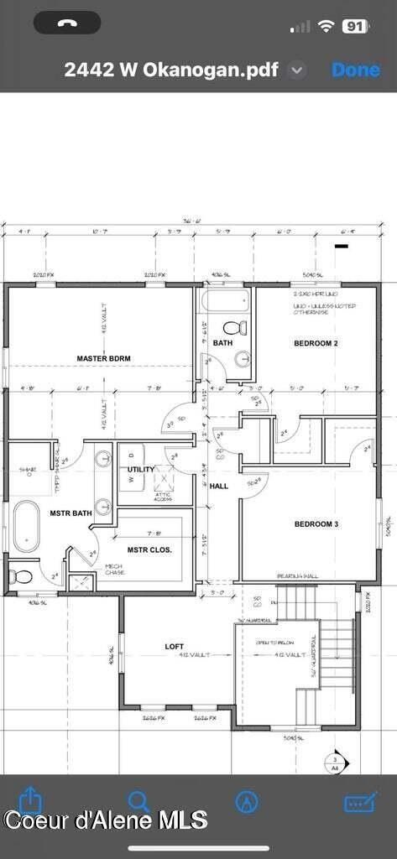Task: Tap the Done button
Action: coord(356,70)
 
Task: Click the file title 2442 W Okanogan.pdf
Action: coord(171,70)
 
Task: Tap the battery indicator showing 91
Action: coord(355,26)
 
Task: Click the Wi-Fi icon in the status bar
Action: coord(326,26)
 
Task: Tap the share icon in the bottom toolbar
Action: coord(30,799)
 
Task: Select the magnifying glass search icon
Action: coord(138,801)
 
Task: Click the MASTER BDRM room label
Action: coord(103,358)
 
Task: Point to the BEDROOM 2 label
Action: coord(316,343)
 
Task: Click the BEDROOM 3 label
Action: coord(316,524)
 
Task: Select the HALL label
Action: coord(218,486)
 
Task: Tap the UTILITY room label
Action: coord(140,469)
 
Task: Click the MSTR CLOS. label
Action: coord(149,550)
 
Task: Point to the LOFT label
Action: coord(175,646)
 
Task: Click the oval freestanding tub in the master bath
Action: coord(25,525)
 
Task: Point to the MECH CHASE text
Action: coord(114,570)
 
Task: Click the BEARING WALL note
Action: coord(297,576)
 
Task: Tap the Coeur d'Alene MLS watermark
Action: coord(105,820)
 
